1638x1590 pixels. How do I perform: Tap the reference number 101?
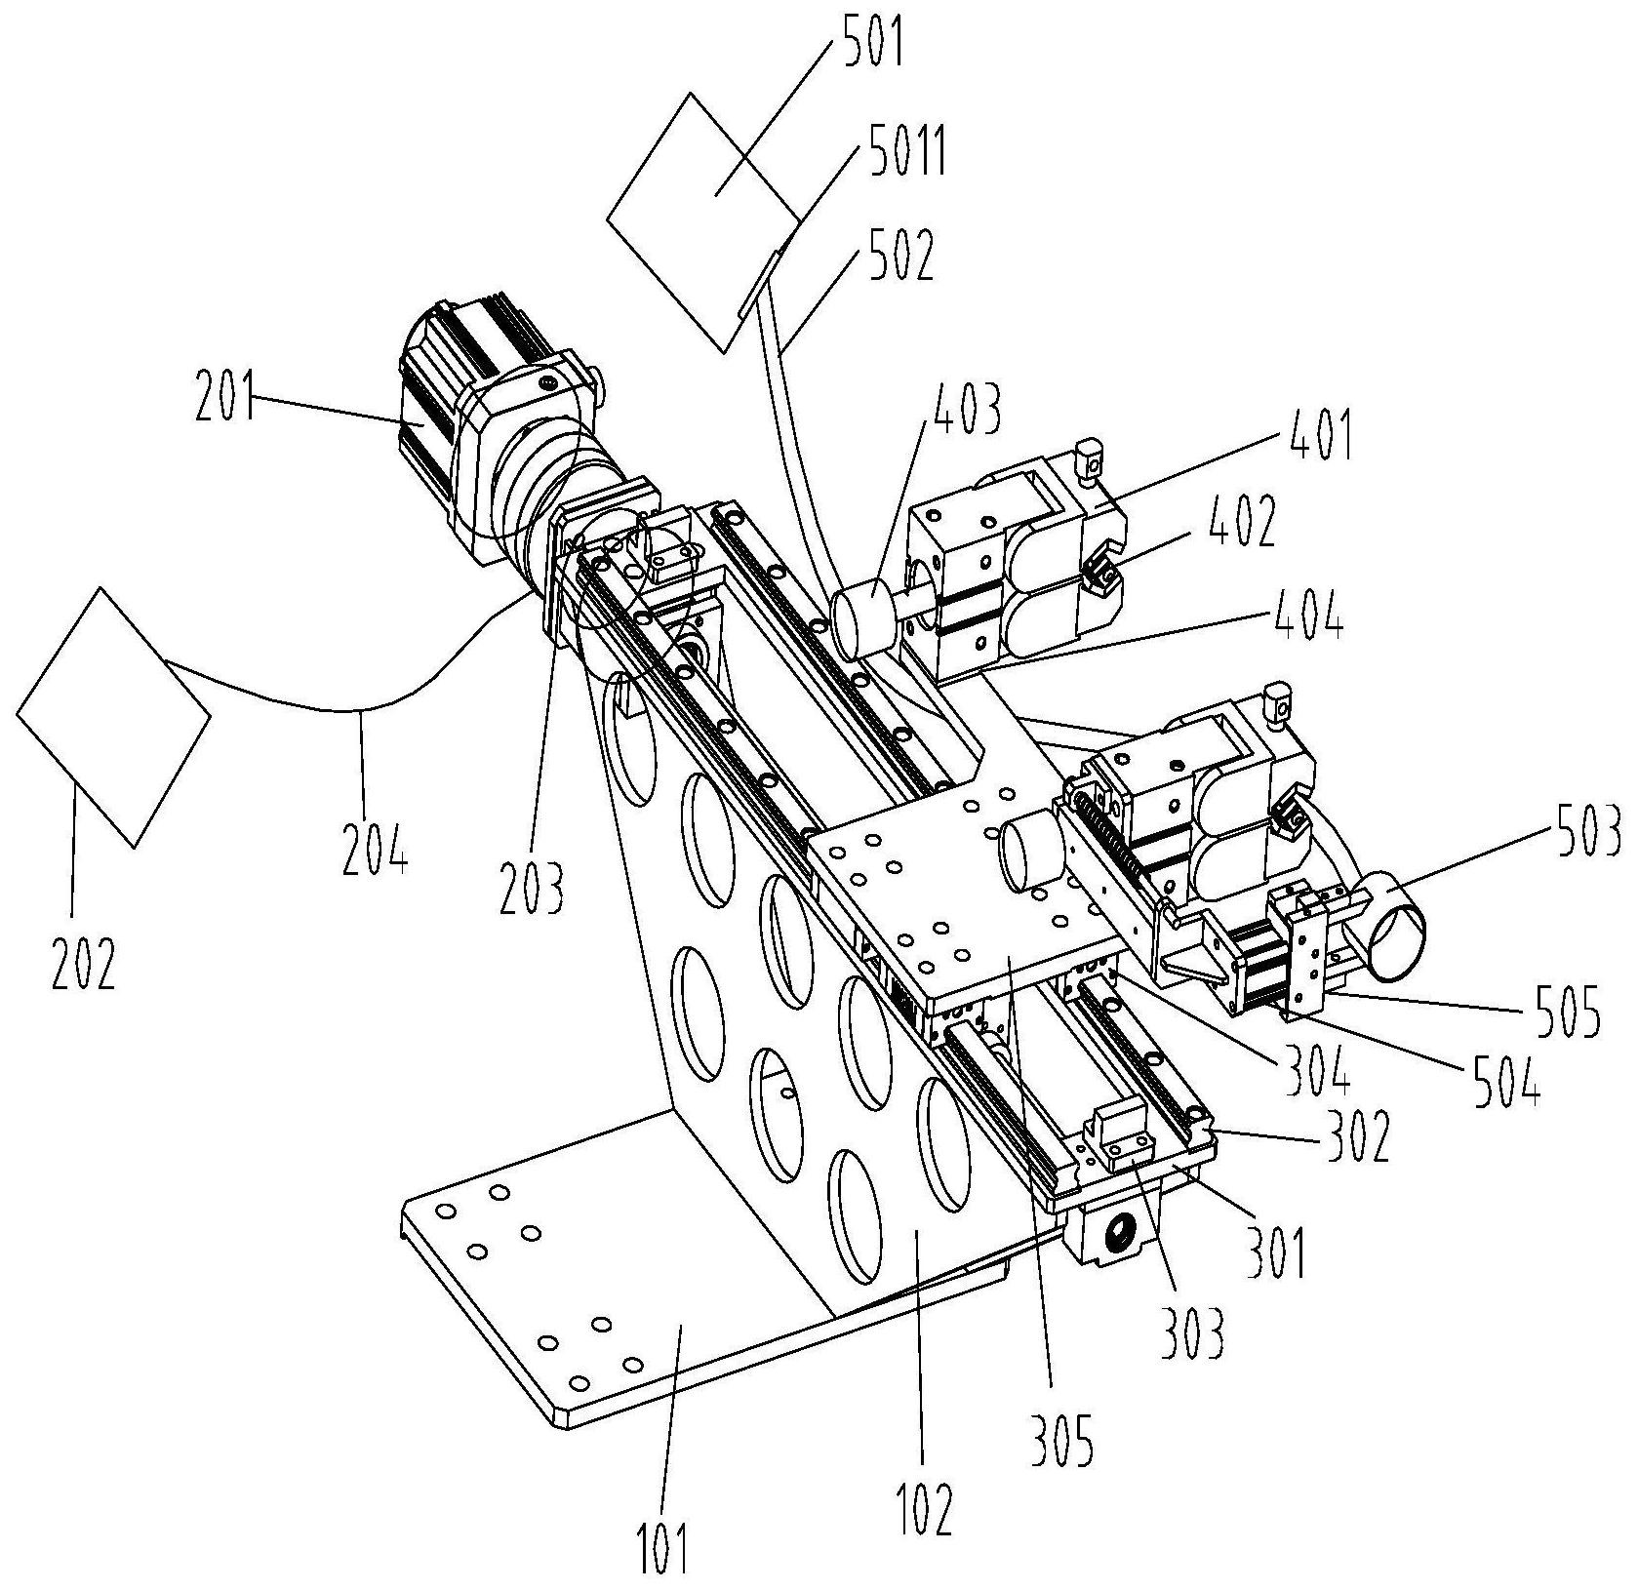coord(664,1545)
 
